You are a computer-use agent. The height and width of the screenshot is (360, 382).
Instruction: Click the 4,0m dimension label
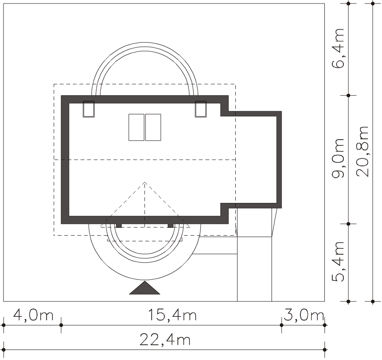pyautogui.click(x=33, y=315)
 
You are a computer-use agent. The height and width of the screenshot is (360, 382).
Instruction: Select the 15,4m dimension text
pyautogui.click(x=172, y=315)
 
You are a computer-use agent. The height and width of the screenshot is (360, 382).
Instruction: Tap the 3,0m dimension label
pyautogui.click(x=304, y=315)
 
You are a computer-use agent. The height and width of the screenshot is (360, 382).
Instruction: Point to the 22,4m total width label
pyautogui.click(x=165, y=339)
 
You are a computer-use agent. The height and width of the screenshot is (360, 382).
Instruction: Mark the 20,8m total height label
pyautogui.click(x=363, y=151)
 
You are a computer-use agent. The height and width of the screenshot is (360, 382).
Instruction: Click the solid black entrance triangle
pyautogui.click(x=145, y=288)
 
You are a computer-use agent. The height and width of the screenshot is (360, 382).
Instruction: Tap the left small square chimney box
pyautogui.click(x=89, y=109)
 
